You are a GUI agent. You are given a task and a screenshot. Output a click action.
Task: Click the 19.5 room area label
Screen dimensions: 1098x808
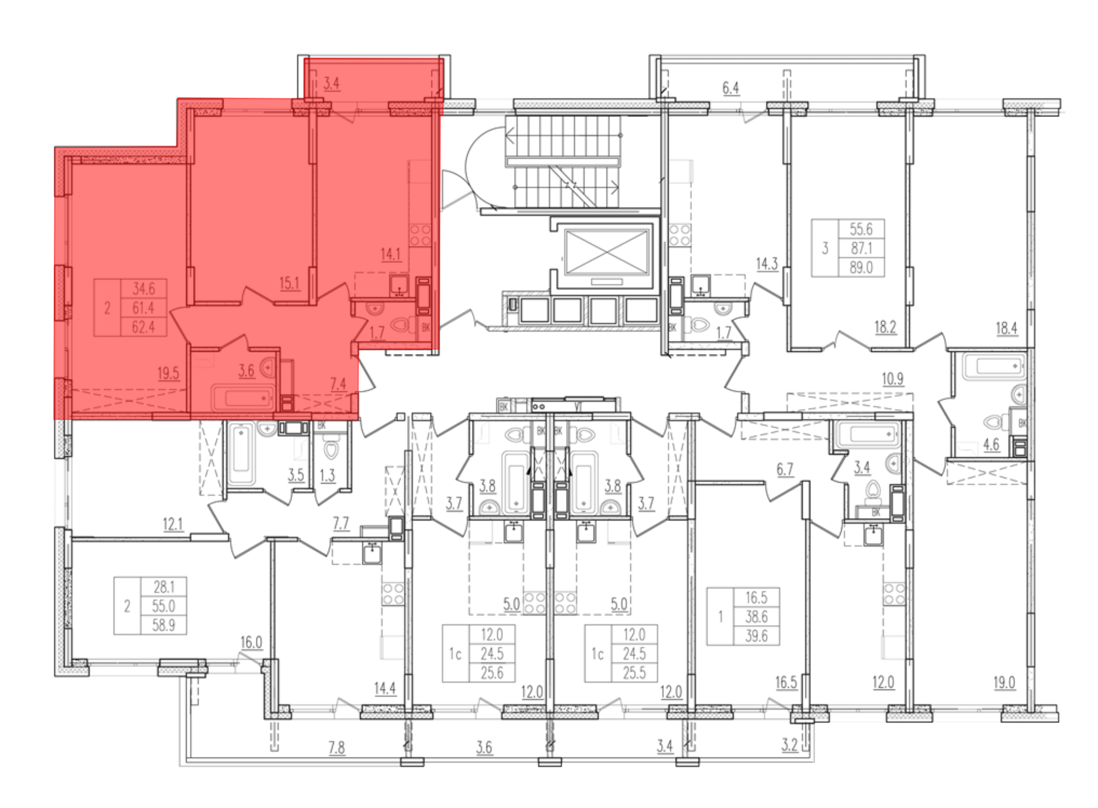click(x=169, y=374)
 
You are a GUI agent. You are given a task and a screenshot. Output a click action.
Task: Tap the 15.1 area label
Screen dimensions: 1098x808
click(x=289, y=283)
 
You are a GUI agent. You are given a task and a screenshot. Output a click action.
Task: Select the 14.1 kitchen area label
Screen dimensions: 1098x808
click(x=390, y=254)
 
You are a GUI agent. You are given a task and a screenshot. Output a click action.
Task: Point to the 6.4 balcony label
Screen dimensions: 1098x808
click(x=731, y=88)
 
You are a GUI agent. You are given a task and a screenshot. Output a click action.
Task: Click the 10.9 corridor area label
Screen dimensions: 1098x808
click(x=893, y=379)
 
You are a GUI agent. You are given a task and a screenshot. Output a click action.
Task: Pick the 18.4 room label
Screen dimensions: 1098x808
click(x=1006, y=328)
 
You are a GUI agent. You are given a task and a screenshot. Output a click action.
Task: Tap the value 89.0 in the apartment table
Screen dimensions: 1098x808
click(x=861, y=267)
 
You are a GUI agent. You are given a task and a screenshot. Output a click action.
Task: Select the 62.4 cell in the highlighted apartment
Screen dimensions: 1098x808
click(x=143, y=327)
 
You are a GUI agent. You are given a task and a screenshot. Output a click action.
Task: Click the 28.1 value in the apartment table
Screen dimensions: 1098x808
click(x=164, y=587)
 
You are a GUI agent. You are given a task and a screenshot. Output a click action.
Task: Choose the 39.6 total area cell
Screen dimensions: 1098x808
click(x=757, y=636)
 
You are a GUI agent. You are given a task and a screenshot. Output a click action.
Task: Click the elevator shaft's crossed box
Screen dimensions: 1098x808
click(x=607, y=252)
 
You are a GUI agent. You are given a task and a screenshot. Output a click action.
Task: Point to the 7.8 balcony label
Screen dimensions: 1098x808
click(x=337, y=748)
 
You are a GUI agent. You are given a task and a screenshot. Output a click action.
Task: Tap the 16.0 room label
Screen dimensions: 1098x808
click(x=251, y=642)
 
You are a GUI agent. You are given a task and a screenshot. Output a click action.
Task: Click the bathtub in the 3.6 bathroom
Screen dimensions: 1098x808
click(x=243, y=396)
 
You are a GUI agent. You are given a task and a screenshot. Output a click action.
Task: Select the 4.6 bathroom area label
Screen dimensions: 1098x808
click(x=991, y=444)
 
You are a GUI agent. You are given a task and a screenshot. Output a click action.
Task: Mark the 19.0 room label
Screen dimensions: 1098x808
click(x=1004, y=682)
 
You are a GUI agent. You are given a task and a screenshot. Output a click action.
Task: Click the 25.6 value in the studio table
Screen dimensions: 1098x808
click(x=492, y=672)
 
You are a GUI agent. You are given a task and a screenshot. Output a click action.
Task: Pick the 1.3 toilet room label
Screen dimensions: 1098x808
click(x=327, y=475)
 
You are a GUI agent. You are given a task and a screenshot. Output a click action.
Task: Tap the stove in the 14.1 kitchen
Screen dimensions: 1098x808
click(x=420, y=235)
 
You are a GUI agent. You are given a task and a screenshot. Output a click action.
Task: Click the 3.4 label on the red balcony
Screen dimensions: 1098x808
click(x=331, y=83)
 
